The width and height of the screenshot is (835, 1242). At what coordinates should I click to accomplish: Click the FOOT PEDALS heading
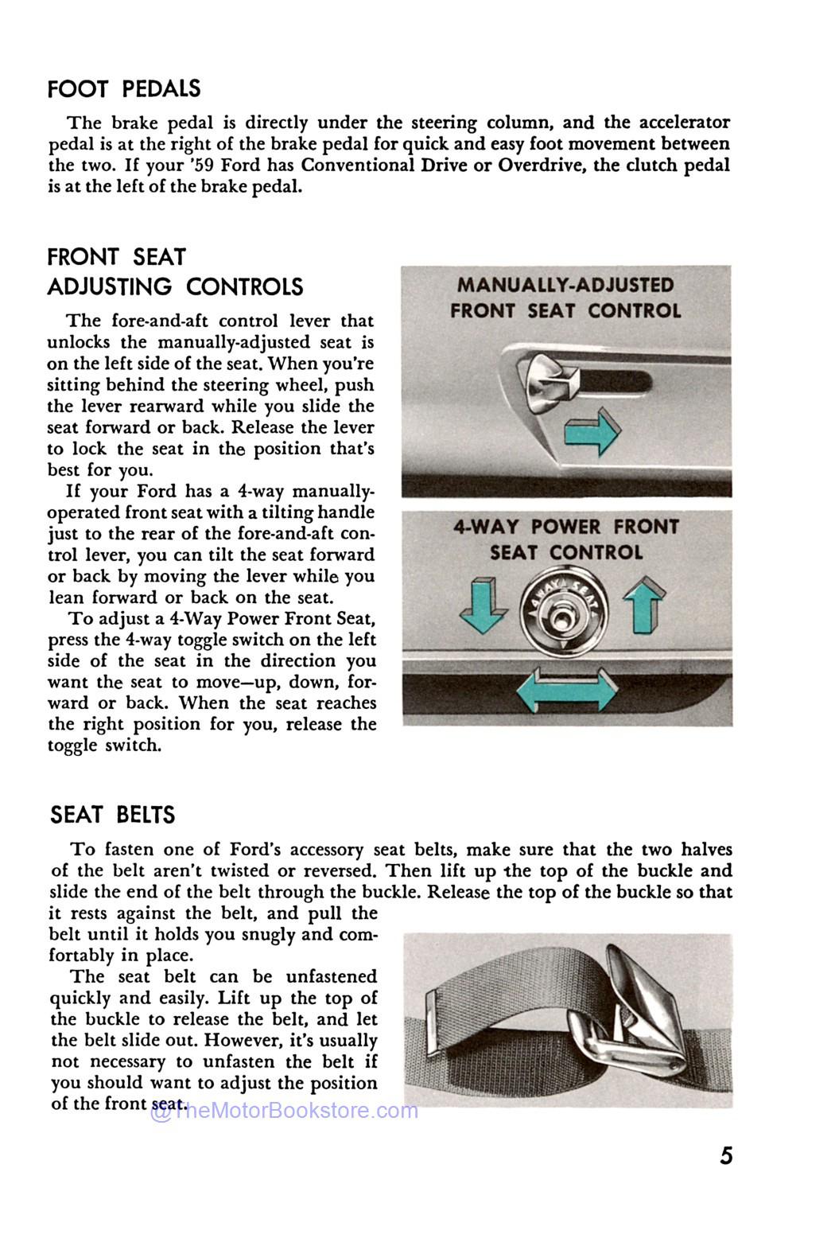[124, 89]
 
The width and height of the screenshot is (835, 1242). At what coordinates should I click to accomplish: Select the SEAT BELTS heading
[112, 815]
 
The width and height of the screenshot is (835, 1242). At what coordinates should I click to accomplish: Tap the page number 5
[726, 1156]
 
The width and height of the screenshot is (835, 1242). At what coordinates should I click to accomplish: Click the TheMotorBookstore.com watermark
[284, 1111]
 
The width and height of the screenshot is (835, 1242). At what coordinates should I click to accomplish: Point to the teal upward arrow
[645, 606]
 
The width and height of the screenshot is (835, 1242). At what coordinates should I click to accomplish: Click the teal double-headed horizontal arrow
[565, 689]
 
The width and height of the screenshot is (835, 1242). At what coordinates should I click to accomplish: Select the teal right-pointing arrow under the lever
[593, 432]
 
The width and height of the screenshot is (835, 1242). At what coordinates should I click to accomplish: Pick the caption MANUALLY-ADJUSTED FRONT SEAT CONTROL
[565, 298]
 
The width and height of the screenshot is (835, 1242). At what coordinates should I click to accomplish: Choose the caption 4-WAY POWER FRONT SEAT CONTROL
[565, 539]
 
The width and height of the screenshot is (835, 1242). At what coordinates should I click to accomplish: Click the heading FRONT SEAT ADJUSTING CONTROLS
[175, 272]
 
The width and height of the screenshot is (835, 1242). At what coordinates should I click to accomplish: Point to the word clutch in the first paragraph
[654, 165]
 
